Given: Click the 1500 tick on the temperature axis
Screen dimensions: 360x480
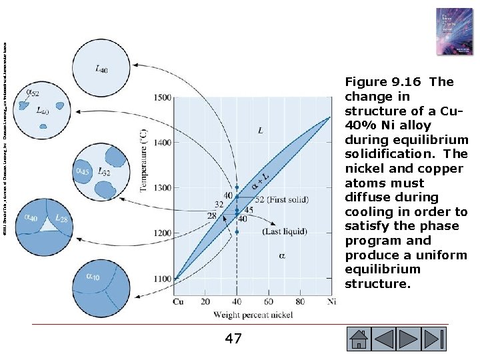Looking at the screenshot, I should (162, 97).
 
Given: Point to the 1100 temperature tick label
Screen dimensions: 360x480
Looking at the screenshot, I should (162, 279).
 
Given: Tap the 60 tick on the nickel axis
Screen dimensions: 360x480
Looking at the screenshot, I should (269, 301).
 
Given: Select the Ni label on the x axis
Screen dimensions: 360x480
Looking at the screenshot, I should (332, 301).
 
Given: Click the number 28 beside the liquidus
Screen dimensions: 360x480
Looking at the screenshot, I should (211, 216).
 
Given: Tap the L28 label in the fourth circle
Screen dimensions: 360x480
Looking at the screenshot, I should (61, 218).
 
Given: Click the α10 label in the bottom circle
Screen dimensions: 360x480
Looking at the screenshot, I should (94, 277).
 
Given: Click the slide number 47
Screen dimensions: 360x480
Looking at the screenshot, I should (233, 339).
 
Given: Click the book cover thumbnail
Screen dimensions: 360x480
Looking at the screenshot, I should (453, 32).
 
